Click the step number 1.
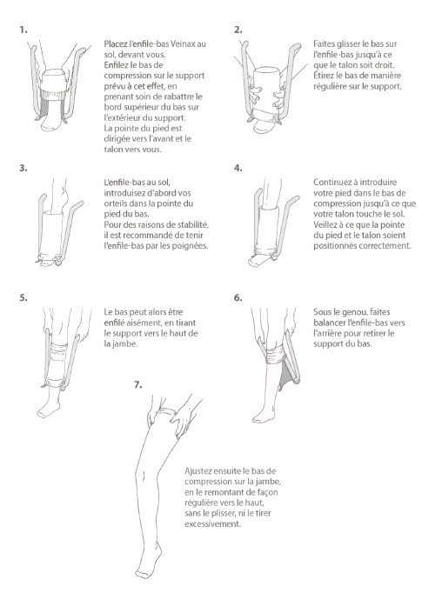pyautogui.click(x=23, y=30)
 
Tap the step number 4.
pyautogui.click(x=238, y=168)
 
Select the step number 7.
pyautogui.click(x=138, y=385)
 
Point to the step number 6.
pyautogui.click(x=238, y=297)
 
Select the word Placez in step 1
pyautogui.click(x=116, y=43)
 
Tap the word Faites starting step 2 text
pyautogui.click(x=324, y=43)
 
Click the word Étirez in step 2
pyautogui.click(x=325, y=76)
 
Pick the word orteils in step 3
pyautogui.click(x=116, y=203)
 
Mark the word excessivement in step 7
pyautogui.click(x=212, y=524)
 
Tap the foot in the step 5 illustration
pyautogui.click(x=49, y=408)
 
